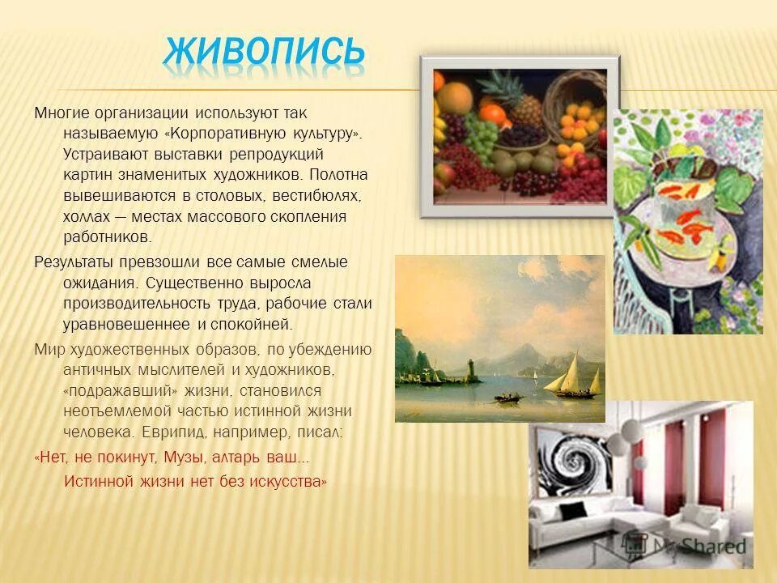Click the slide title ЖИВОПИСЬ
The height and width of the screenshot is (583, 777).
tap(264, 52)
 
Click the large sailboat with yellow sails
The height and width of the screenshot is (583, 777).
tap(571, 372)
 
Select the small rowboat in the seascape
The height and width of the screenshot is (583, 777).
tap(507, 397)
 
